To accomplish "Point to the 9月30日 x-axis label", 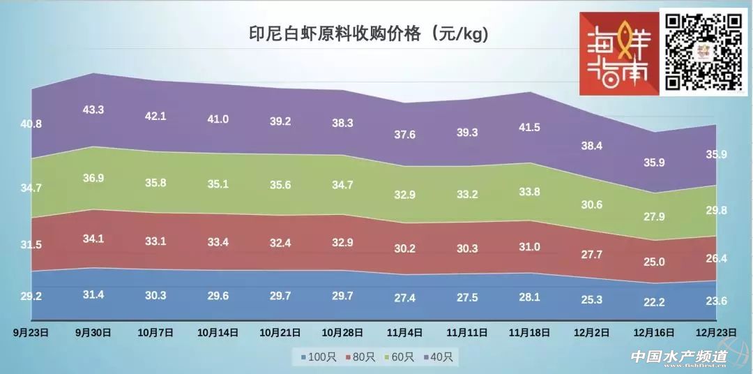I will (x=93, y=333).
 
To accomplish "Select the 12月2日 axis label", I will (x=592, y=333).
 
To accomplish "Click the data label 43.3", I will (x=93, y=110).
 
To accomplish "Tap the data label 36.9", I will (x=93, y=178).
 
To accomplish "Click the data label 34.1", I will (x=93, y=239).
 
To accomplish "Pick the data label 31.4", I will (x=93, y=294).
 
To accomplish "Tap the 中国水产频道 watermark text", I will (x=678, y=356).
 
